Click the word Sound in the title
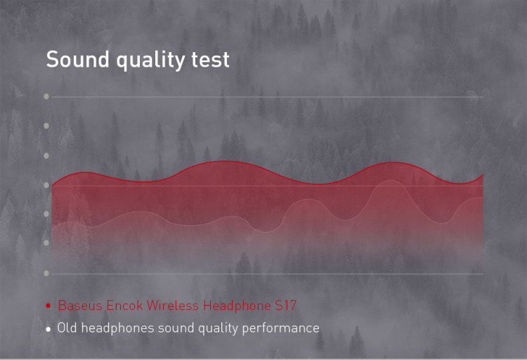pos(77,59)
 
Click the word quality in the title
pos(150,60)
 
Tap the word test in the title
pos(210,60)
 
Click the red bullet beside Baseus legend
pos(48,305)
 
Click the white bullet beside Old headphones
pos(48,329)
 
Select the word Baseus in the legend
pos(80,305)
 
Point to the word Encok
pos(124,305)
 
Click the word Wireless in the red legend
pos(172,305)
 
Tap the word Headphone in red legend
pos(237,306)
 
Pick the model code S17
pos(286,305)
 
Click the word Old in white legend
pos(67,328)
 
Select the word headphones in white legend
pos(117,328)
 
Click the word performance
pos(280,328)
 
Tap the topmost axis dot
pos(46,96)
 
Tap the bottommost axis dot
pos(46,274)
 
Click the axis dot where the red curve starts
pos(46,185)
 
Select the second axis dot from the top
pos(46,126)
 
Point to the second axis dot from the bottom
pos(46,243)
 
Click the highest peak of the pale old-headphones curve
pos(391,181)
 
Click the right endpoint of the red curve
pos(483,174)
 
